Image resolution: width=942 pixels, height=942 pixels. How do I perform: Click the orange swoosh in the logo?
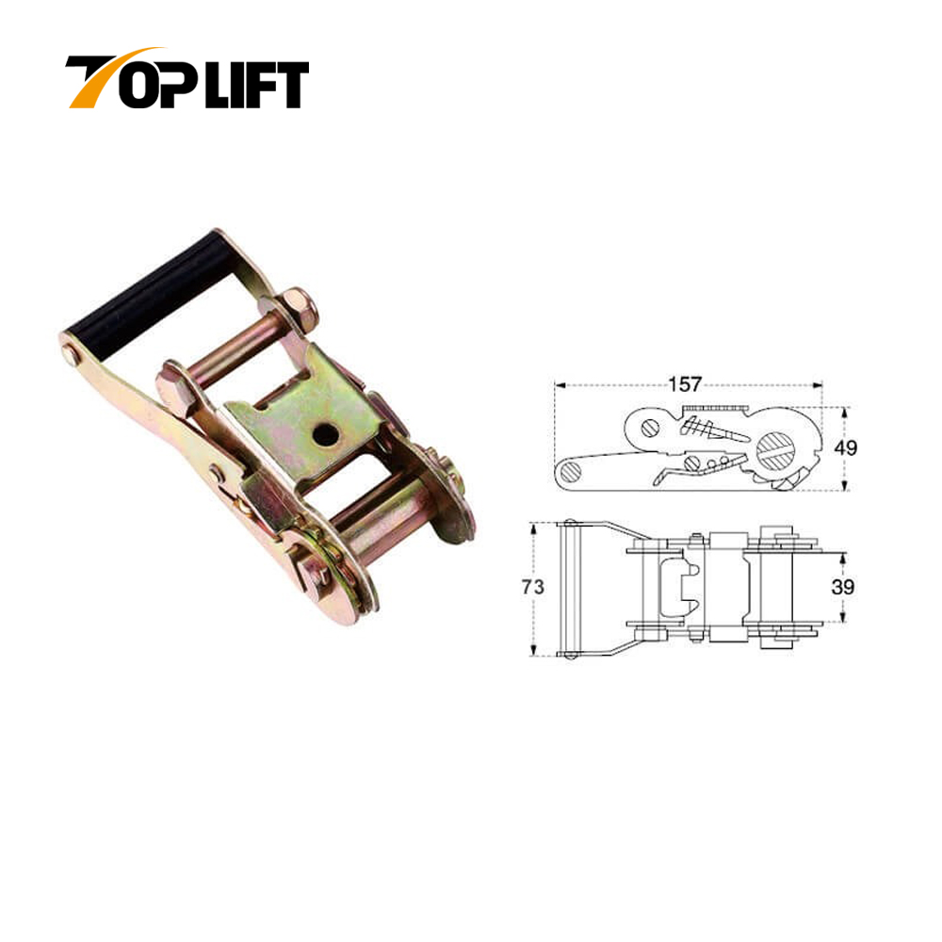pyautogui.click(x=118, y=61)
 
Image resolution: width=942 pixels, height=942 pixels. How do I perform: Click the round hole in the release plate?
pyautogui.click(x=324, y=432)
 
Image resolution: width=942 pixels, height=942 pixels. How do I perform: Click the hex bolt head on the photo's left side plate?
pyautogui.click(x=173, y=386)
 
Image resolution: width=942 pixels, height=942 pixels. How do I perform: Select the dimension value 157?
pyautogui.click(x=687, y=384)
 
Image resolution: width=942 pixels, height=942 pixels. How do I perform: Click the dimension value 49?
pyautogui.click(x=845, y=448)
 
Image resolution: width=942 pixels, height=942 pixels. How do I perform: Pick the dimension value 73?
pyautogui.click(x=532, y=587)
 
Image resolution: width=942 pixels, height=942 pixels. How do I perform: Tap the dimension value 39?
pyautogui.click(x=843, y=587)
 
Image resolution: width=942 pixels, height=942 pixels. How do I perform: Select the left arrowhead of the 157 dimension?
pyautogui.click(x=558, y=385)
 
